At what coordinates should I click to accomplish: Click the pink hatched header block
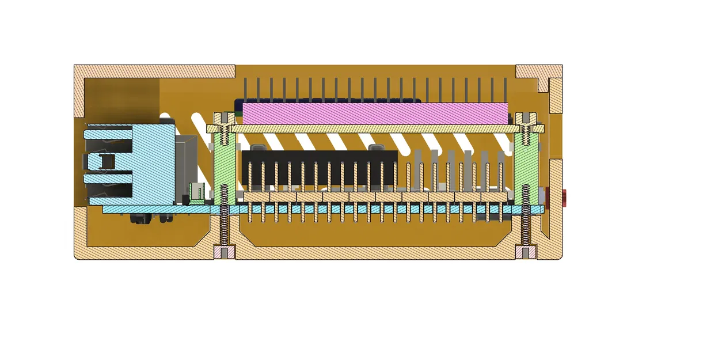click(x=374, y=113)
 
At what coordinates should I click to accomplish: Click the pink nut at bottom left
click(x=225, y=252)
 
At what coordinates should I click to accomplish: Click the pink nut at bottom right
click(x=525, y=252)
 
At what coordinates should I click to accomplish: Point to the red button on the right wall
click(x=565, y=198)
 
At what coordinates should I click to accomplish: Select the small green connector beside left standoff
click(x=197, y=193)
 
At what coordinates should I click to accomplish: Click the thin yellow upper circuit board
click(x=374, y=129)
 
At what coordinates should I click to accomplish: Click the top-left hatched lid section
click(x=155, y=71)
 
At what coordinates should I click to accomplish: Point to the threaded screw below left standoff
click(x=225, y=225)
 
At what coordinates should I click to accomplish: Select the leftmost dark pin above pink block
click(x=245, y=90)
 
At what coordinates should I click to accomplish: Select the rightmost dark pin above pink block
click(x=506, y=90)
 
